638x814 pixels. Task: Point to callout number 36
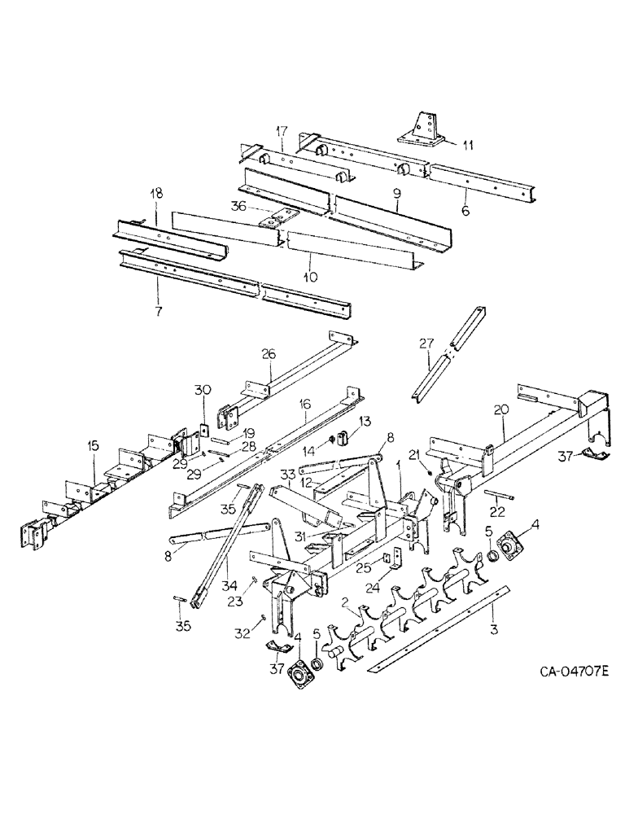pos(238,207)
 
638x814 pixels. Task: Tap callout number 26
pos(269,353)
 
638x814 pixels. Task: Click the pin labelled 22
pos(499,496)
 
